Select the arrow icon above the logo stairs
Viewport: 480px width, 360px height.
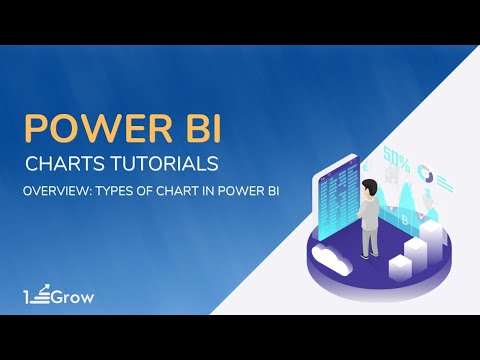click(x=46, y=288)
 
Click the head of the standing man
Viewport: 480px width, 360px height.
click(x=370, y=186)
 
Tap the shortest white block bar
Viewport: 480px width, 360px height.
click(x=399, y=266)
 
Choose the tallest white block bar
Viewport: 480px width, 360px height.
click(x=432, y=234)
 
